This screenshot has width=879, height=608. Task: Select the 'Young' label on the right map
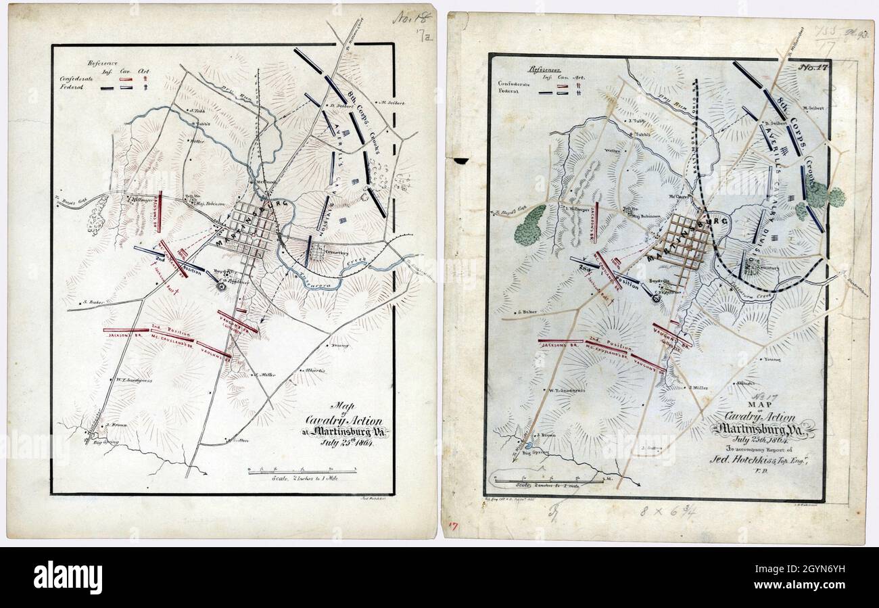(x=772, y=360)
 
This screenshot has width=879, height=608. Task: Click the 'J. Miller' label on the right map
(x=699, y=388)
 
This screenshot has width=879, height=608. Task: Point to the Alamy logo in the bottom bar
(x=68, y=578)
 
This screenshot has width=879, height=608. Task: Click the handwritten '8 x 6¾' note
(x=666, y=511)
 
